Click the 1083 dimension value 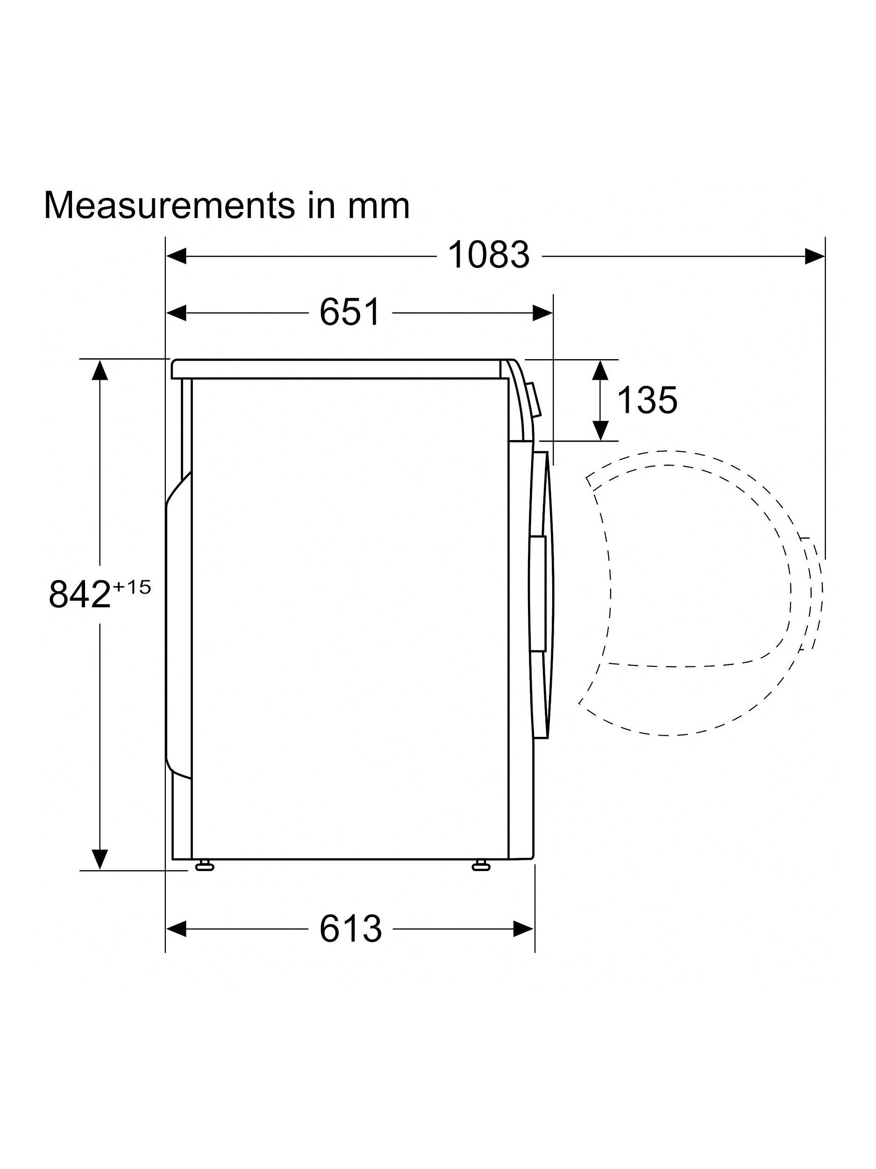[488, 255]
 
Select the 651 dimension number [350, 312]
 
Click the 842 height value [79, 594]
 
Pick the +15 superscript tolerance [131, 587]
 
